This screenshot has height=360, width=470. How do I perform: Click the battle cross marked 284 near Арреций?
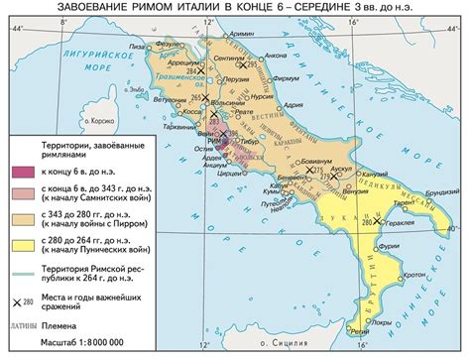[x=202, y=71]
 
